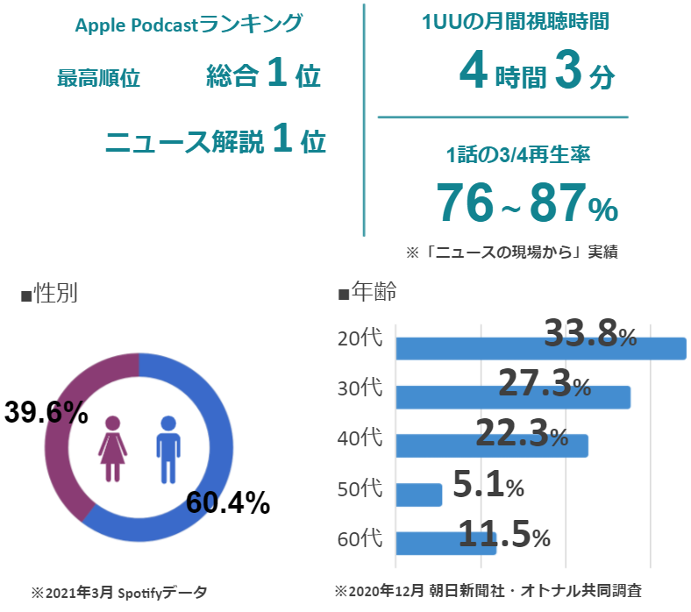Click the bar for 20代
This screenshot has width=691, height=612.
pyautogui.click(x=540, y=349)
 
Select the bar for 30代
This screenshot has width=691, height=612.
pyautogui.click(x=513, y=397)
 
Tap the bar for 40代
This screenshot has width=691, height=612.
pyautogui.click(x=491, y=445)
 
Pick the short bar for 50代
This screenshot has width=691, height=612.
pyautogui.click(x=418, y=495)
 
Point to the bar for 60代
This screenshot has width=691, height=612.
pyautogui.click(x=445, y=543)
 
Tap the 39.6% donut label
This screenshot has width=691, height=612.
pyautogui.click(x=46, y=411)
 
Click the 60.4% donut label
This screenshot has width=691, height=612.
pyautogui.click(x=227, y=502)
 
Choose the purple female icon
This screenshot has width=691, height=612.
pyautogui.click(x=113, y=448)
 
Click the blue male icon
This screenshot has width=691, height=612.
pyautogui.click(x=167, y=448)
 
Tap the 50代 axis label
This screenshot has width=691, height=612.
pyautogui.click(x=360, y=488)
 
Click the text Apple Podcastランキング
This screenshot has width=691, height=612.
pyautogui.click(x=188, y=24)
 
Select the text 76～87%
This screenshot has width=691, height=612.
pyautogui.click(x=527, y=203)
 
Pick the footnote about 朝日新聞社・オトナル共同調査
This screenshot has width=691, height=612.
pyautogui.click(x=495, y=591)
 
